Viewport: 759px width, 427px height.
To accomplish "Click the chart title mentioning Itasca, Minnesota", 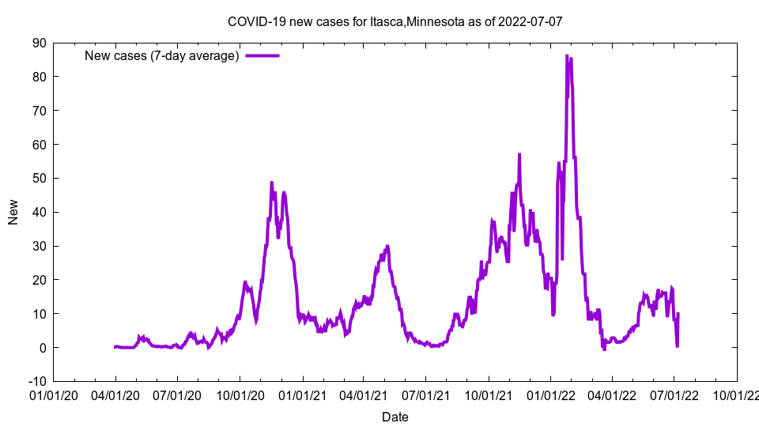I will (395, 21).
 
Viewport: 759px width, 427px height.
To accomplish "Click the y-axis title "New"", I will (13, 212).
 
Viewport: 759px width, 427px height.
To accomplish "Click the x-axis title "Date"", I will (395, 417).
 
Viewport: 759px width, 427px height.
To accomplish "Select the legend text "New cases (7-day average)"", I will (161, 55).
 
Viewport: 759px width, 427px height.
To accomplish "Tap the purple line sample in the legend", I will (262, 55).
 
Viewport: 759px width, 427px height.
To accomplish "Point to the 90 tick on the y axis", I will (39, 43).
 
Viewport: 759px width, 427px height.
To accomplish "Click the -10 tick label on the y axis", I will (36, 381).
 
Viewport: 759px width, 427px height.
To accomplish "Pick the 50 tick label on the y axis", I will (39, 178).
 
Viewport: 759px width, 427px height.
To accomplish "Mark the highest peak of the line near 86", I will (567, 56).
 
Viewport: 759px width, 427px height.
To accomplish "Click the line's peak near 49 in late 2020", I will (272, 183).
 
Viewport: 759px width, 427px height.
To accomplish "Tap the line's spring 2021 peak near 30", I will (387, 246).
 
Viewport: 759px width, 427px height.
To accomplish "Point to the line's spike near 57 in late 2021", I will (519, 155).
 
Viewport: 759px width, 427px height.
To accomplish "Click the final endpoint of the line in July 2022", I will (678, 314).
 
